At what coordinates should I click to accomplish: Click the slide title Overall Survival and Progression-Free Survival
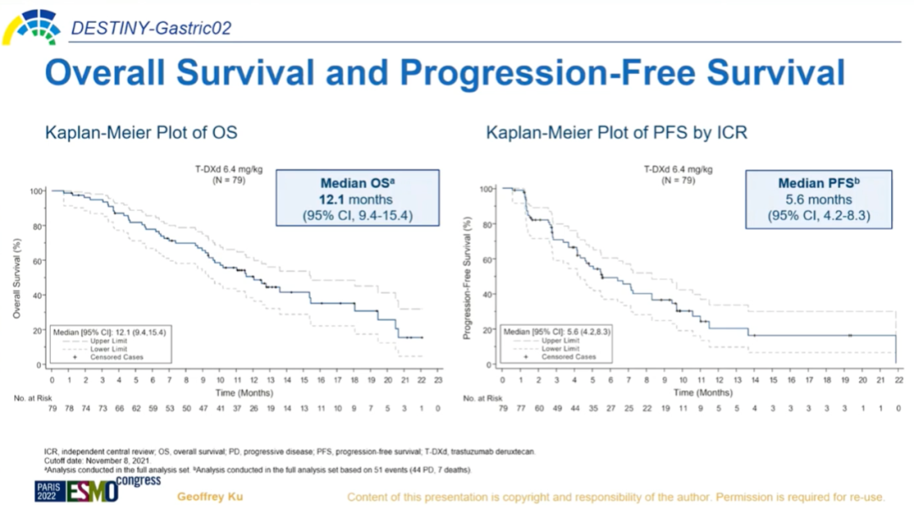click(x=444, y=73)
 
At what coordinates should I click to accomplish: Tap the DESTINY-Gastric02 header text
click(x=151, y=29)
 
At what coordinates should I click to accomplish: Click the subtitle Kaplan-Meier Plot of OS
click(x=141, y=133)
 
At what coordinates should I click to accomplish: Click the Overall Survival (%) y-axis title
click(x=17, y=277)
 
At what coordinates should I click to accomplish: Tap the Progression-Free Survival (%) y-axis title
click(x=467, y=277)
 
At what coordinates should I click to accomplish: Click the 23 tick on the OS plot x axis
click(x=438, y=380)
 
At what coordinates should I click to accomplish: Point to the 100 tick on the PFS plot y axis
click(x=487, y=189)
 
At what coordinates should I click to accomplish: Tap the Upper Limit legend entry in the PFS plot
click(x=559, y=340)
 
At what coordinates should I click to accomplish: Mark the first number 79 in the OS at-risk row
click(x=52, y=409)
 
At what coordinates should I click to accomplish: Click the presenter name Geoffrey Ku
click(x=209, y=496)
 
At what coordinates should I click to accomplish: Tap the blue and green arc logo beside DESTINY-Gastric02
click(x=32, y=27)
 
